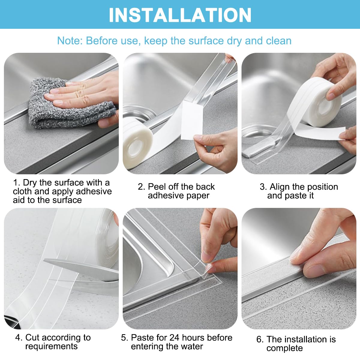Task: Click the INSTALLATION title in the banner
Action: (x=180, y=15)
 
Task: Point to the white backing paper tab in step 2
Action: (x=192, y=120)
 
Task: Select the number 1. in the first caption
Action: (x=17, y=183)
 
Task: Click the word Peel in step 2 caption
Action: (x=157, y=187)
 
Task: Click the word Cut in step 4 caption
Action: (x=32, y=337)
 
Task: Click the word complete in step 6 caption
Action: (x=284, y=348)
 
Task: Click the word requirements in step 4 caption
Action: (x=51, y=346)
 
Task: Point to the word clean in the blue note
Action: (x=277, y=41)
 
